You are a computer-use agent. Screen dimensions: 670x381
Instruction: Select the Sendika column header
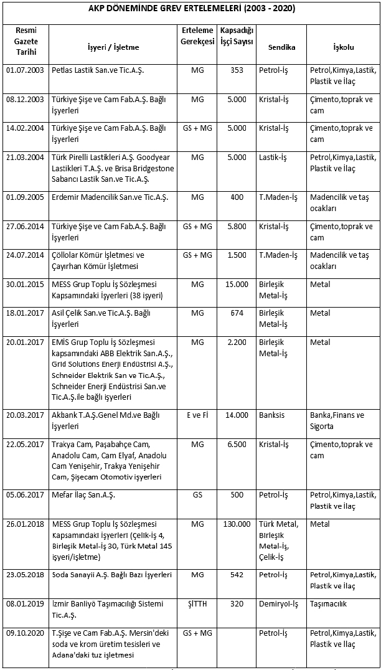tap(281, 47)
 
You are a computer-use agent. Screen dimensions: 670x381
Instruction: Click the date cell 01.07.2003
tap(25, 70)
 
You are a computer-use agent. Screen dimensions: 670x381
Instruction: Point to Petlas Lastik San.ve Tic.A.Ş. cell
tap(98, 70)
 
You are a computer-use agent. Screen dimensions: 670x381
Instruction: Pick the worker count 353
tap(237, 70)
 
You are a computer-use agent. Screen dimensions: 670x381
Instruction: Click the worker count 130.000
tap(237, 524)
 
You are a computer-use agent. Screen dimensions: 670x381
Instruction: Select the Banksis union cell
tap(273, 415)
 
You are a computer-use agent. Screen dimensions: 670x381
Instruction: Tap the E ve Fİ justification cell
tap(197, 415)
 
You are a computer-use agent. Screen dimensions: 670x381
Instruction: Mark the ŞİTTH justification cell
tap(197, 603)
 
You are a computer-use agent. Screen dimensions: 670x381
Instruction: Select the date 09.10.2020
tap(25, 633)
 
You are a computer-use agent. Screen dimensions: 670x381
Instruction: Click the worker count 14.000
tap(237, 415)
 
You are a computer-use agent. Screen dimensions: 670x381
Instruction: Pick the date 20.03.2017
tap(25, 415)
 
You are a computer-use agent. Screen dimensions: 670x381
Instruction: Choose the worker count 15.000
tap(237, 283)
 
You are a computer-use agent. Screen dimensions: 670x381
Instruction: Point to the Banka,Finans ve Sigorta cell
tap(339, 421)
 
